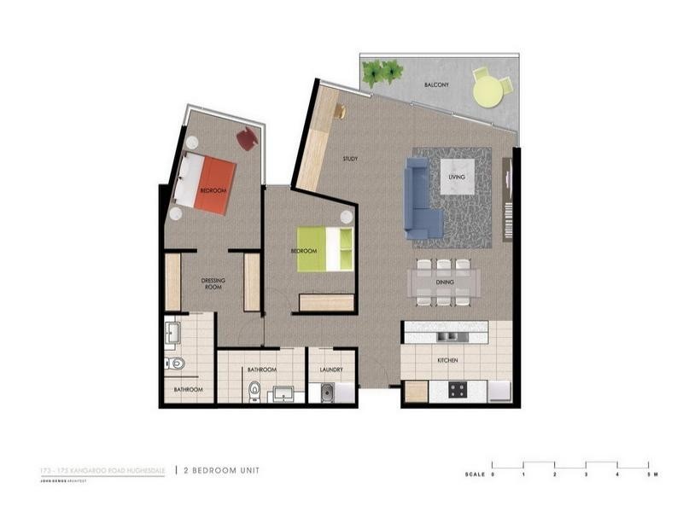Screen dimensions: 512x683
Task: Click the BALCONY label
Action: (440, 85)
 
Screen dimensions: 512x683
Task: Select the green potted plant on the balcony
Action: (381, 73)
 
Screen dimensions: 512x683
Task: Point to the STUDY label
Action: (350, 159)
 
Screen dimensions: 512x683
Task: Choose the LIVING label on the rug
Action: (457, 177)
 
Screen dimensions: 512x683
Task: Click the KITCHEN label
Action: (447, 361)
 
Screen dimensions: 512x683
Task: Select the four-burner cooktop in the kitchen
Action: (457, 391)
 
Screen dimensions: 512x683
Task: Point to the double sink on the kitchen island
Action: (451, 337)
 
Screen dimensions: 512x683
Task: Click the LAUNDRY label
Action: (332, 369)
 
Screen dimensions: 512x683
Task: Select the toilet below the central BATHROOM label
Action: (254, 392)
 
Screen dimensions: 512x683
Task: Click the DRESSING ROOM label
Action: (213, 283)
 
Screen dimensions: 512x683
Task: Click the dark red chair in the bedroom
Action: (247, 138)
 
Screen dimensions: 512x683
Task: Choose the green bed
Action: (324, 248)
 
